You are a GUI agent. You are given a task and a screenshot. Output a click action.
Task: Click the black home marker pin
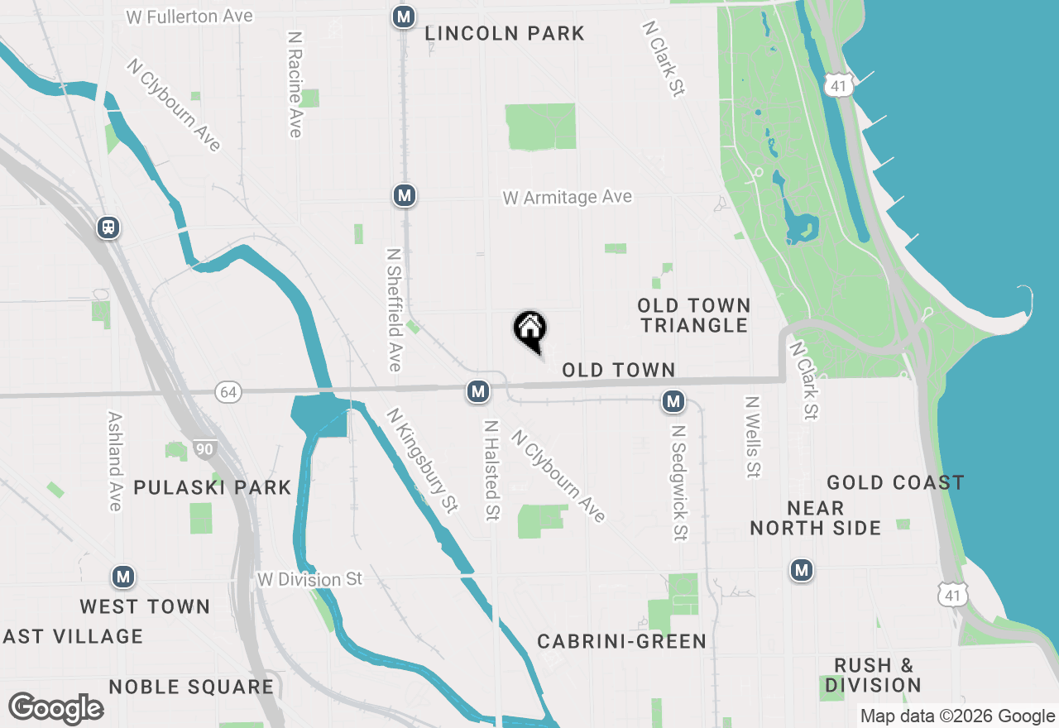(x=530, y=329)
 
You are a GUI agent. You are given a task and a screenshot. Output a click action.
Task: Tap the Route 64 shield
(x=228, y=392)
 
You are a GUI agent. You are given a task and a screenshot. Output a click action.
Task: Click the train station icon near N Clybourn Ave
(x=108, y=227)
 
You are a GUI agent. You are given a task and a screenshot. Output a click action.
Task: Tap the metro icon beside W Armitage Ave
(x=404, y=196)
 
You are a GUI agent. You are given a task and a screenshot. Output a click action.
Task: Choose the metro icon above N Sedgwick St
(x=673, y=402)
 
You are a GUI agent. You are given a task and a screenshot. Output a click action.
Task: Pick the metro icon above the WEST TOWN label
(x=123, y=577)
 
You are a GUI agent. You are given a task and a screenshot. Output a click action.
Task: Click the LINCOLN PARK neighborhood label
(x=505, y=34)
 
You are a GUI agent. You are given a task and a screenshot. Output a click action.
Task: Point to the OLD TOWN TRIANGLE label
(x=694, y=315)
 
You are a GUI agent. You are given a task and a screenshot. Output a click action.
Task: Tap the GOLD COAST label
(x=895, y=482)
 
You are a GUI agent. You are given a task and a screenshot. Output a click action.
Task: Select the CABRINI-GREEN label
(x=621, y=641)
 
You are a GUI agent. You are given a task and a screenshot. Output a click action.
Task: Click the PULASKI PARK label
(x=212, y=487)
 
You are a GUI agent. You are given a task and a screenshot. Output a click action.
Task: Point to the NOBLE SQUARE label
(x=191, y=687)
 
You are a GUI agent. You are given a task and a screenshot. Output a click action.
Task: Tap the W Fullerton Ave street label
(x=189, y=17)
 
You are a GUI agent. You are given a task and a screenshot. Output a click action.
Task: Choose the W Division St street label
(x=309, y=579)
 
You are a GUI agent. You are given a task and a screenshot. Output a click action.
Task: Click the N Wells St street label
(x=752, y=437)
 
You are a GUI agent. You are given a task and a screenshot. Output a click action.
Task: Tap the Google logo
(x=55, y=709)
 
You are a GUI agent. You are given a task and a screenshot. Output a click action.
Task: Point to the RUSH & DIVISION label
(x=873, y=675)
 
